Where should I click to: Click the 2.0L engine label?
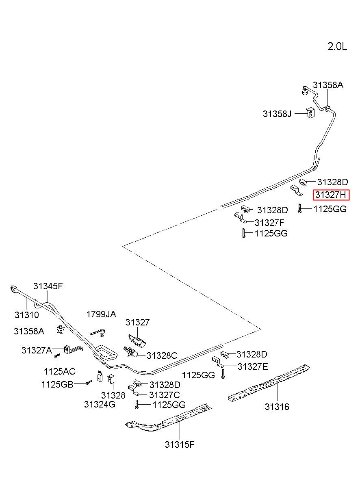[x=337, y=47]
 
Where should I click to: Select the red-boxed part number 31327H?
[x=331, y=195]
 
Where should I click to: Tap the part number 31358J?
[x=277, y=114]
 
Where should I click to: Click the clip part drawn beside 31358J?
[x=310, y=113]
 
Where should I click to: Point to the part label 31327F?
[x=269, y=223]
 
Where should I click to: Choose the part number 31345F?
[x=48, y=286]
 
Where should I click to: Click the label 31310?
[x=26, y=315]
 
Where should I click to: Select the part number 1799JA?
[x=101, y=314]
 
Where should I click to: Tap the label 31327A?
[x=37, y=350]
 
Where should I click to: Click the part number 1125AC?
[x=59, y=371]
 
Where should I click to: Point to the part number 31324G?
[x=100, y=404]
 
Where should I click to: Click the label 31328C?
[x=162, y=355]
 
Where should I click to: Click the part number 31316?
[x=277, y=407]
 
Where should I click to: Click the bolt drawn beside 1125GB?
[x=89, y=382]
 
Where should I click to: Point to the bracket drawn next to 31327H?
[x=296, y=191]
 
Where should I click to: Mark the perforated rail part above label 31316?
[x=269, y=383]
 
